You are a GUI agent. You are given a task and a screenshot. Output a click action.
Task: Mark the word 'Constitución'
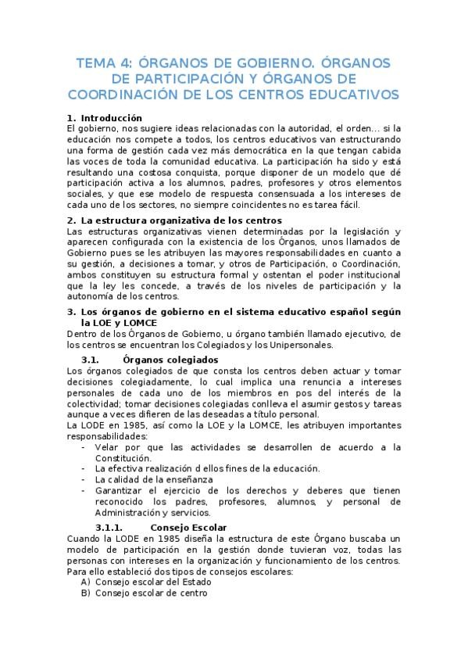tap(123, 457)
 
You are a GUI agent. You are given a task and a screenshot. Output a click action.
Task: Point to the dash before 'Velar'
tap(84, 447)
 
